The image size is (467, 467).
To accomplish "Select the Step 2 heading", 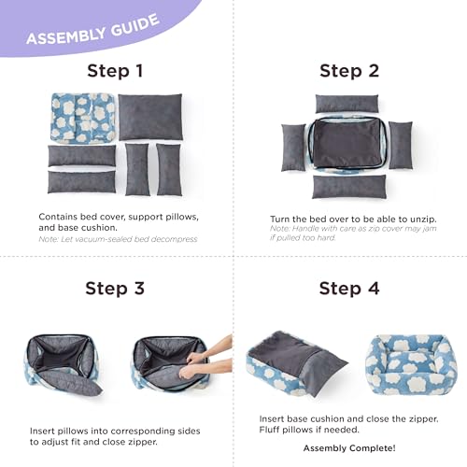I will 350,71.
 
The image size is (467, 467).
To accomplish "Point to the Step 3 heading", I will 116,288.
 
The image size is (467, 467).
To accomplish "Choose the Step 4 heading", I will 349,288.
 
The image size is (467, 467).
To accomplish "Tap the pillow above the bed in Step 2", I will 347,103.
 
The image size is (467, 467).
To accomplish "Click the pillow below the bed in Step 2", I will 348,186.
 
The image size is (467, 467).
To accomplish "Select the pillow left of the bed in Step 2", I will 293,147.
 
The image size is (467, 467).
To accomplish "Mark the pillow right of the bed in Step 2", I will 401,147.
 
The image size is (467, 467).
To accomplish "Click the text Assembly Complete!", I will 348,448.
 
